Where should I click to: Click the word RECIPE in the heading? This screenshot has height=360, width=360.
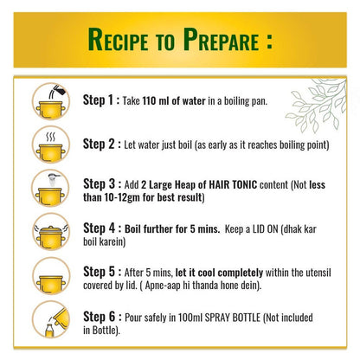(x=118, y=40)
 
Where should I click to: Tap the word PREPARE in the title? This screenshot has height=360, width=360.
(x=221, y=40)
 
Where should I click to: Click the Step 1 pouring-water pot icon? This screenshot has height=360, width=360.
(x=51, y=101)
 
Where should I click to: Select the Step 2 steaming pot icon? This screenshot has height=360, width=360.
(x=51, y=145)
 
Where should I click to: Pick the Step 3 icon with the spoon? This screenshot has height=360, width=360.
(x=51, y=188)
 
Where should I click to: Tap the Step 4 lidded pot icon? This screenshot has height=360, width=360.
(x=51, y=232)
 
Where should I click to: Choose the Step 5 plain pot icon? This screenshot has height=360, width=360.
(x=51, y=276)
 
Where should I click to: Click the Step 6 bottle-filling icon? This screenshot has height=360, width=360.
(x=51, y=319)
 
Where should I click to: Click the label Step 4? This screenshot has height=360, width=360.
(x=99, y=228)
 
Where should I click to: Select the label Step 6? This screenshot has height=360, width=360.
(x=99, y=317)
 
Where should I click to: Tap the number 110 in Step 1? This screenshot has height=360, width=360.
(x=150, y=101)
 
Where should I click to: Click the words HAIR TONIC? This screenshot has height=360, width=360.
(x=233, y=184)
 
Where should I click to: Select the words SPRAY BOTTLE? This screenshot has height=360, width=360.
(x=233, y=318)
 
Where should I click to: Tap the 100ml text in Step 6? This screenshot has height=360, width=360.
(x=190, y=318)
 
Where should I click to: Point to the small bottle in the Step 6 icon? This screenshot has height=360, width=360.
(x=49, y=331)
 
